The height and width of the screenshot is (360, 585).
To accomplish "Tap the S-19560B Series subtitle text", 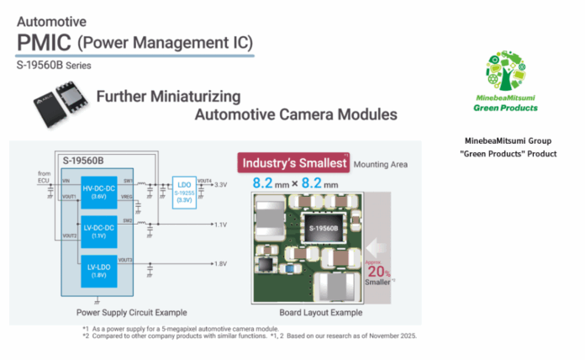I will point(54,64).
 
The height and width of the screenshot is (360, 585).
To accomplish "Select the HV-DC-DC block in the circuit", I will point(99,193).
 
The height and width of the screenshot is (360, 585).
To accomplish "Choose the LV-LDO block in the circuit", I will point(99,273).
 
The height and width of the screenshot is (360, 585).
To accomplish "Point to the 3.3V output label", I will point(221,184).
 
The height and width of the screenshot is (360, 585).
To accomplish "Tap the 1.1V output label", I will point(221,225).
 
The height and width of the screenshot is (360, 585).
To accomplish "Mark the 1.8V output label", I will point(221,264).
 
